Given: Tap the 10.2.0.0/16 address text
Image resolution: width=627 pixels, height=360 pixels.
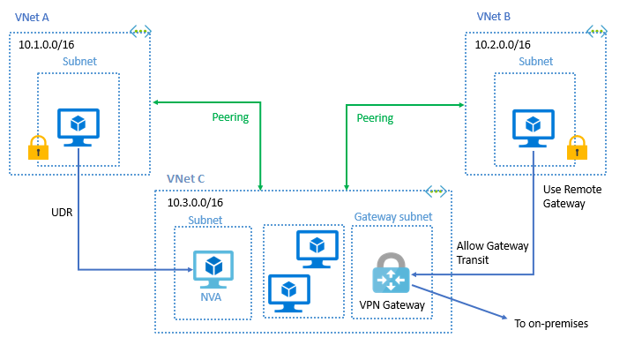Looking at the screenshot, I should click(x=503, y=42).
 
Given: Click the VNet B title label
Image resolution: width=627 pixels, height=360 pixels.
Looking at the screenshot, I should click(x=494, y=16).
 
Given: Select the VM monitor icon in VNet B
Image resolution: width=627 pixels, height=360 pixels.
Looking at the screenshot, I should click(x=535, y=125).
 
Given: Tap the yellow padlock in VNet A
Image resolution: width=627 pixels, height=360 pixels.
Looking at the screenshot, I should click(x=38, y=147).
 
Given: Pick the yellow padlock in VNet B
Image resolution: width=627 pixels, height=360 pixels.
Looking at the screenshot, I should click(x=577, y=147).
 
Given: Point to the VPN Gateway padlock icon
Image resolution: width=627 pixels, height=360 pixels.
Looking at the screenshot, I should click(x=391, y=274).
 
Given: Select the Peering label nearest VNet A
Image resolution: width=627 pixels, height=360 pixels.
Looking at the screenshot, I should click(x=230, y=117).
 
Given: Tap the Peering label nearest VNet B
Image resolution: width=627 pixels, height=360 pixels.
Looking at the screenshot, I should click(x=375, y=117).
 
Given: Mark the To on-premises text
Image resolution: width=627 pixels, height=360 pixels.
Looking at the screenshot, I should click(x=550, y=324).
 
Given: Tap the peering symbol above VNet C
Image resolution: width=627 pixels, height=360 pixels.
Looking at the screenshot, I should click(x=435, y=191).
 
